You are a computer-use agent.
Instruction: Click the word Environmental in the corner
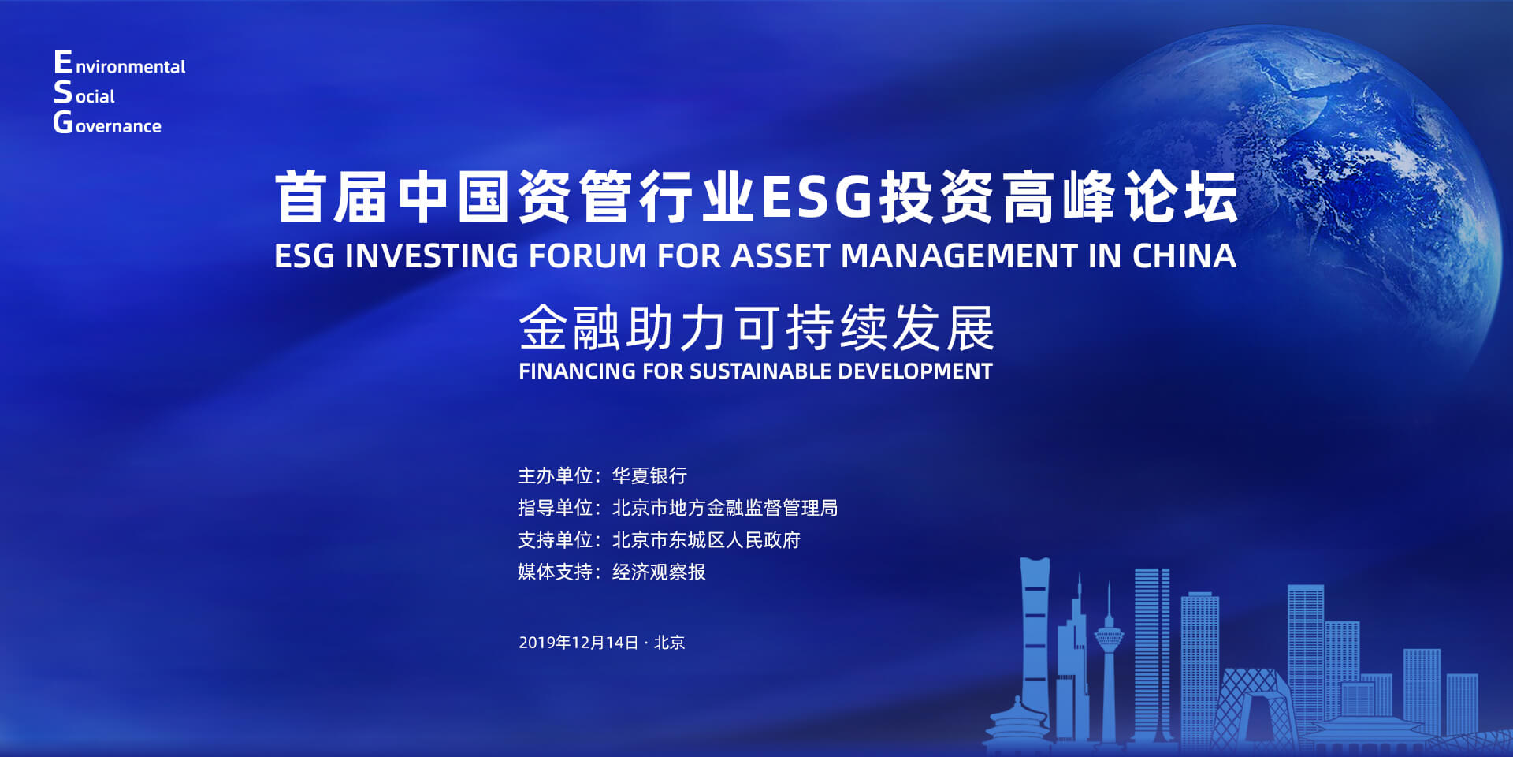click(120, 63)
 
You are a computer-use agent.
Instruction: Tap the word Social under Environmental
click(84, 93)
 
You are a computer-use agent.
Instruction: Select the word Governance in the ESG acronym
click(107, 123)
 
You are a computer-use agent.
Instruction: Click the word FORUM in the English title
click(587, 255)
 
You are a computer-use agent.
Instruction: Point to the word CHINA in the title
click(1184, 255)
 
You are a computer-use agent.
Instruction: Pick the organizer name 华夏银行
click(649, 475)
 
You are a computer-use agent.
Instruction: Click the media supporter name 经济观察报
click(659, 572)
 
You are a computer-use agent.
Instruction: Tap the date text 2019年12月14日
click(578, 643)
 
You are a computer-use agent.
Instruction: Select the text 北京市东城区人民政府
click(706, 540)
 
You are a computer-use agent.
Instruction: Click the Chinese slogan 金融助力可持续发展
click(756, 327)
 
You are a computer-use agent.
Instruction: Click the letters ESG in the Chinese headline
click(817, 196)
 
